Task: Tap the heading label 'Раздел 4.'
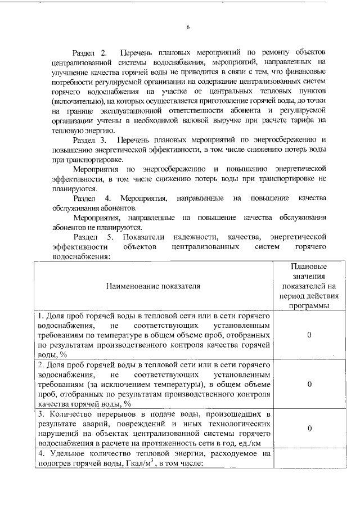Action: click(92, 199)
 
